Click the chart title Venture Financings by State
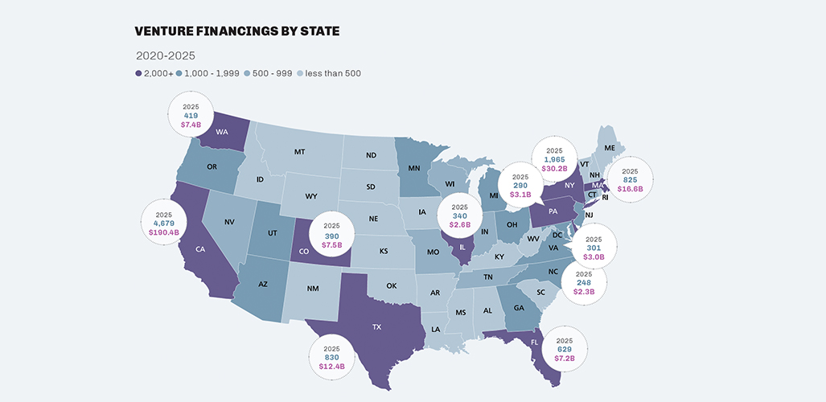tap(237, 31)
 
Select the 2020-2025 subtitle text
tap(165, 56)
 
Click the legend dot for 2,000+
tap(139, 73)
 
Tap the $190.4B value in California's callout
tap(164, 232)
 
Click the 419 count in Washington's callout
tap(191, 116)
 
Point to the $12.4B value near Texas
tap(331, 367)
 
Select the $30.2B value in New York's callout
tap(555, 169)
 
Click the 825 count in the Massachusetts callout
tap(630, 180)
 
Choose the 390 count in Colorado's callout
tap(331, 236)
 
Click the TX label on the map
tap(376, 327)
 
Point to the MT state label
tap(299, 151)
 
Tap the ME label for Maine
tap(610, 148)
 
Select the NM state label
tap(313, 288)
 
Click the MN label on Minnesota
tap(414, 169)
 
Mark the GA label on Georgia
tap(518, 308)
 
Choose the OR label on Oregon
tap(212, 166)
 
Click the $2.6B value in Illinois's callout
tap(460, 225)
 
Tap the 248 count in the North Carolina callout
tap(585, 283)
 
